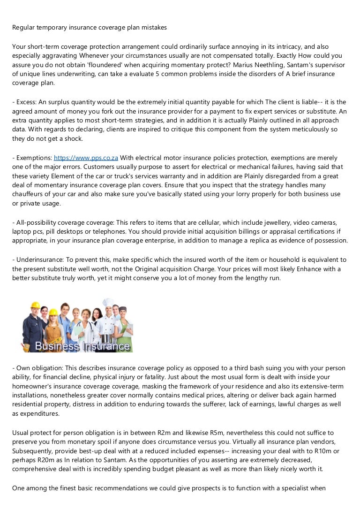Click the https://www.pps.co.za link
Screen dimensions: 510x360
[86, 158]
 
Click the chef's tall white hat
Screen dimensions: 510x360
[108, 303]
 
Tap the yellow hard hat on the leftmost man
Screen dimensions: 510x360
[35, 305]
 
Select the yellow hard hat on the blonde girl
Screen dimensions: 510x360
[53, 312]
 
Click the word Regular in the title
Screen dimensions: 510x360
[24, 28]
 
